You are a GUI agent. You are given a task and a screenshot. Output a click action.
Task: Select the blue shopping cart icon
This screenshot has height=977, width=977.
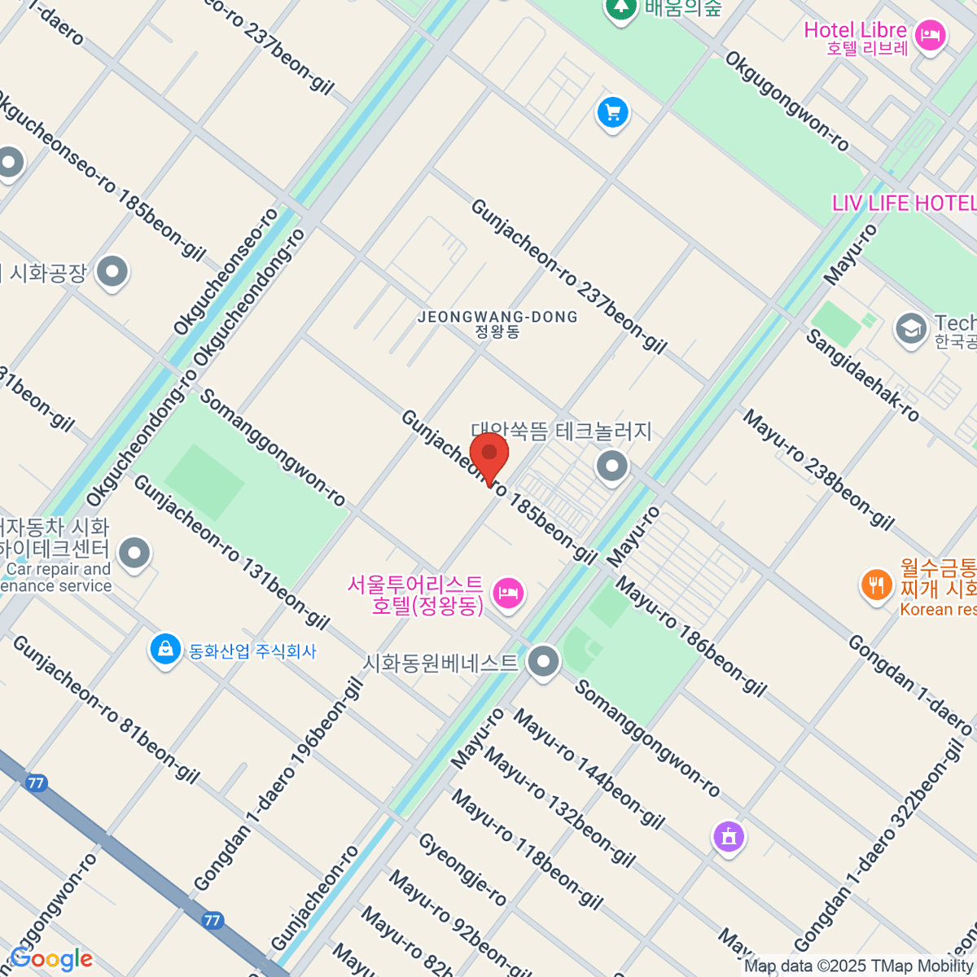coord(613,113)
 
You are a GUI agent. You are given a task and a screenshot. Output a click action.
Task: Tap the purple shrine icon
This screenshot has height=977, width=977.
coord(729,837)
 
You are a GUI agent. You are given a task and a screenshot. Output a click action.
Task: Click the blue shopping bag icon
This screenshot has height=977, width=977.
coord(165,650)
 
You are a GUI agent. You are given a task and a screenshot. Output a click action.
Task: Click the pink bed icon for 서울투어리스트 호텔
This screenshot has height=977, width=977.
coord(508,593)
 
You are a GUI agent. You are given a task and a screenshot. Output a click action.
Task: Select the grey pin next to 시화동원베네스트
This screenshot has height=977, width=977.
coord(542,661)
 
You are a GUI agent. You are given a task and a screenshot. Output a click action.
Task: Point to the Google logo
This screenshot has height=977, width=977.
coord(51,959)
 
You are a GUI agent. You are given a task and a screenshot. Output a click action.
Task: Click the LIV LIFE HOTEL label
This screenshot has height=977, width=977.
coord(903,203)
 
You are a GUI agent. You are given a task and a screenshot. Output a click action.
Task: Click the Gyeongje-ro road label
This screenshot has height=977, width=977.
coord(462,870)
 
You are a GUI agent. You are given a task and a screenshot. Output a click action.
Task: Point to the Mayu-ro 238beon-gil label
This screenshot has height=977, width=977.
coord(817,469)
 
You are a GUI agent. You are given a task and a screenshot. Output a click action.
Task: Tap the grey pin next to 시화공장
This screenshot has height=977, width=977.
coord(112,273)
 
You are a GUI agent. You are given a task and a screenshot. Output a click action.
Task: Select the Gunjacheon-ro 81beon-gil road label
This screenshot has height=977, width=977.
coord(106,709)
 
